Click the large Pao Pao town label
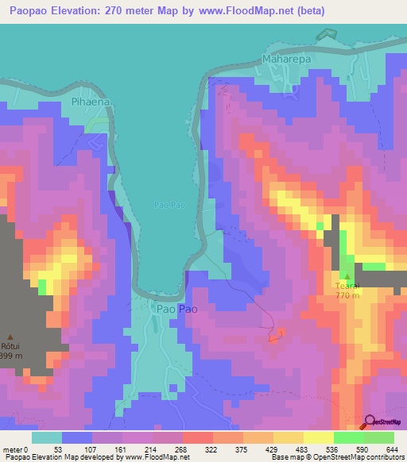[176, 308]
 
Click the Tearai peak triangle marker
[347, 276]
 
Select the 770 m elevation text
[347, 296]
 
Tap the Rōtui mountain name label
[10, 346]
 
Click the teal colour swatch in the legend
[47, 437]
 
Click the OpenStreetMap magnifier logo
[369, 422]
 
